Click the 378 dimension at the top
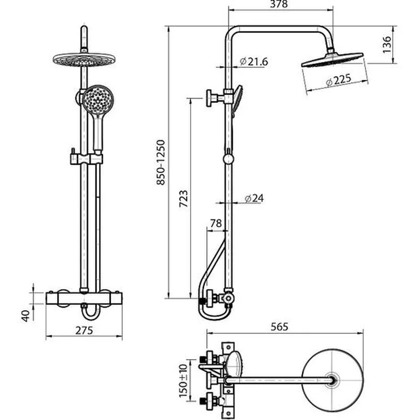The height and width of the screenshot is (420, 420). [x=279, y=4]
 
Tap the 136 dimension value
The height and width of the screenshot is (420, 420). [x=387, y=45]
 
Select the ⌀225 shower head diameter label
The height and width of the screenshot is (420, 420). [x=339, y=80]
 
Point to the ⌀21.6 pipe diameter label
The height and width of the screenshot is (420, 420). [x=254, y=61]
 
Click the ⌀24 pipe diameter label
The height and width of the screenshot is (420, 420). [x=254, y=198]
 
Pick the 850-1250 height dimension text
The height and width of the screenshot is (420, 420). [x=161, y=162]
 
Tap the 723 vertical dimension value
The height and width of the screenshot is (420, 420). [x=183, y=199]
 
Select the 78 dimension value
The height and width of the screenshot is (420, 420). [x=216, y=223]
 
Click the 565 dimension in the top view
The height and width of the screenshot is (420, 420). [x=279, y=327]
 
